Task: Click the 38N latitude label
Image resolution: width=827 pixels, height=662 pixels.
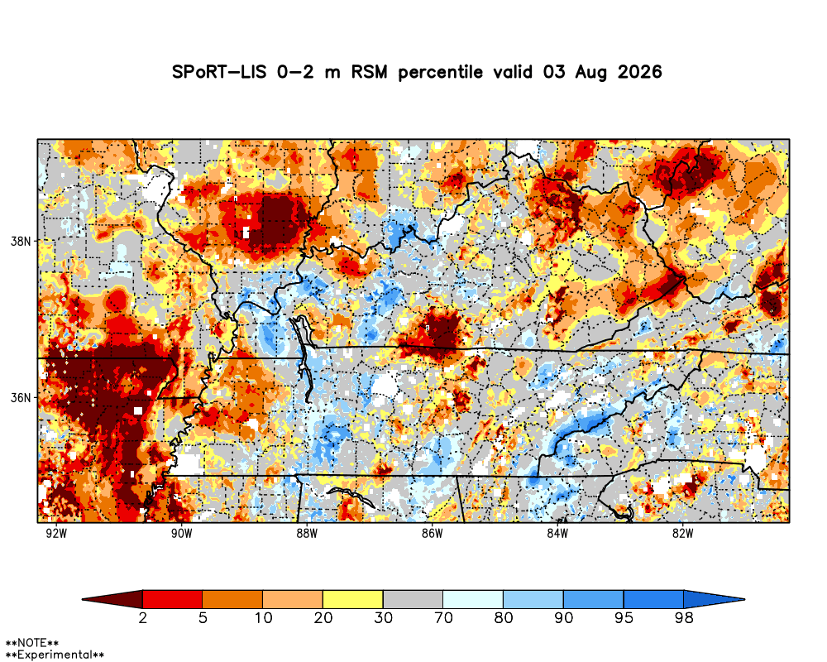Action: (22, 242)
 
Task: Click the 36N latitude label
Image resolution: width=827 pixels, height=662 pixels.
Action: (22, 397)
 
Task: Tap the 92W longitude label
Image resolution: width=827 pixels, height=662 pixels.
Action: (56, 533)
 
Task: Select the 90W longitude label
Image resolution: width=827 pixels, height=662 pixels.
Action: (182, 533)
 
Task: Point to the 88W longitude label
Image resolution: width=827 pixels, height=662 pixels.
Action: (307, 533)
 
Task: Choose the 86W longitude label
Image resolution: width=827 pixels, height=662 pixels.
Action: (433, 533)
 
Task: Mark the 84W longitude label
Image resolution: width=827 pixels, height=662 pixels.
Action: (557, 533)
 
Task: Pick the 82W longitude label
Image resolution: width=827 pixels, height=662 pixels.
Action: (683, 533)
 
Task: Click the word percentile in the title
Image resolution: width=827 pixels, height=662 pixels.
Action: (441, 72)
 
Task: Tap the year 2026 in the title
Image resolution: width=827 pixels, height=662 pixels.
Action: (640, 72)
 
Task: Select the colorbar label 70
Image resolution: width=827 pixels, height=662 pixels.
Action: (443, 617)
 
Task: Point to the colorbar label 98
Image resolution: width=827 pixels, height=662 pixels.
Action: (684, 617)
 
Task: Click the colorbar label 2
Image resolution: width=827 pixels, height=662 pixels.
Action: (143, 617)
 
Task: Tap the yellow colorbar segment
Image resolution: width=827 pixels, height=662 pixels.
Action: (353, 599)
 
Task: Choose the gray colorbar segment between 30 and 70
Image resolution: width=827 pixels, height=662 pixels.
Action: (413, 599)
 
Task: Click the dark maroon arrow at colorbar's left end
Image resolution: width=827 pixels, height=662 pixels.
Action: (112, 599)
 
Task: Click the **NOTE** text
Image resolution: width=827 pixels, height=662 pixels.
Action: (31, 643)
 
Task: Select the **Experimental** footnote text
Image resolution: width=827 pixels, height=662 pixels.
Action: (55, 655)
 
